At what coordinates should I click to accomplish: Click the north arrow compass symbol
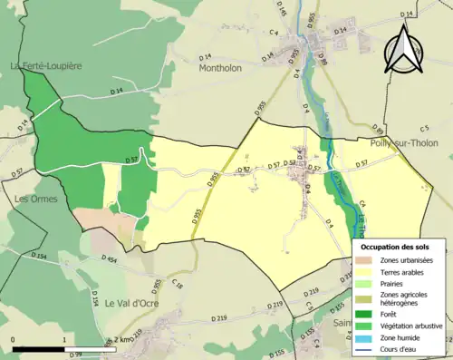(x=403, y=48)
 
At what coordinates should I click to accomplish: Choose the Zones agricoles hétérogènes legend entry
(x=402, y=298)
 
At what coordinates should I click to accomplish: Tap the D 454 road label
(x=105, y=260)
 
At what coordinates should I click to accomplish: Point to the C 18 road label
(x=178, y=286)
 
